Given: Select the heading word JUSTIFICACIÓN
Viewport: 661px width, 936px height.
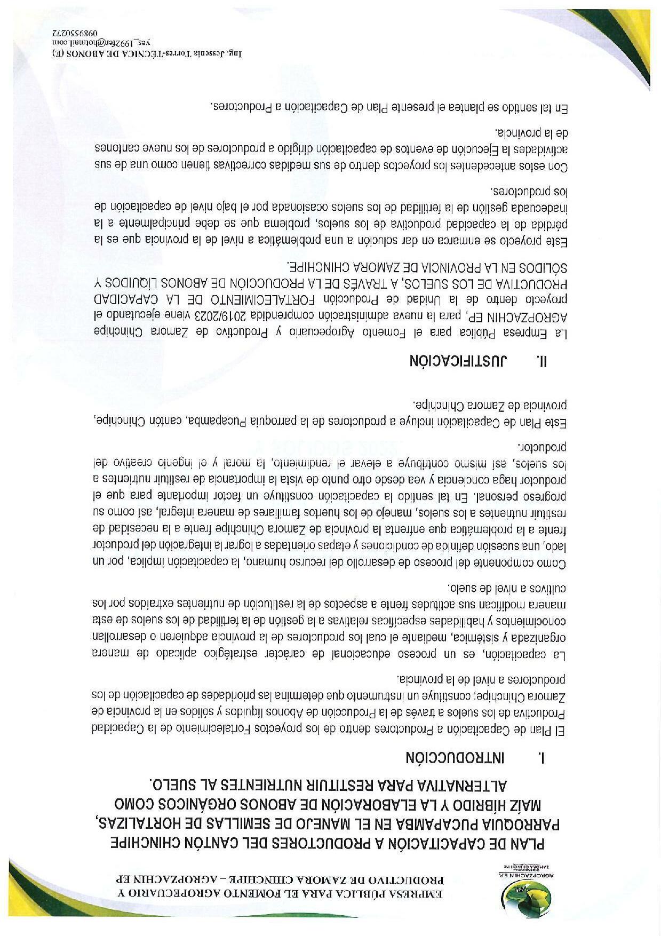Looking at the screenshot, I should [453, 361].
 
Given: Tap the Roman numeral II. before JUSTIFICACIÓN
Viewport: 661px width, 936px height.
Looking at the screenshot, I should [542, 361].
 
